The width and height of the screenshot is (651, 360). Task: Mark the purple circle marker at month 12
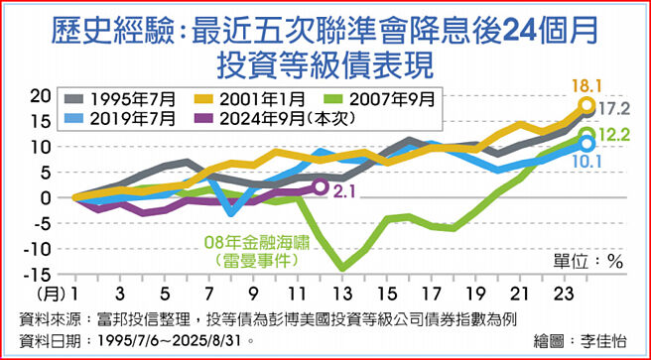(320, 186)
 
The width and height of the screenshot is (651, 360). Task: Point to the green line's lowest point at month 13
(343, 268)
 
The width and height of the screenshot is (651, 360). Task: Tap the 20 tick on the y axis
(41, 95)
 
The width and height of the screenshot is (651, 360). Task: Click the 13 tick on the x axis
(342, 296)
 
